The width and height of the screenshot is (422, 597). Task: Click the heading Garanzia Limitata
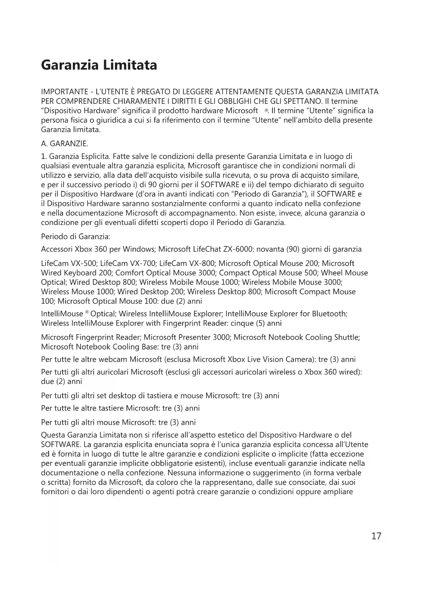coord(99,65)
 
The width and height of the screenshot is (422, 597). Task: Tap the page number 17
coord(376,536)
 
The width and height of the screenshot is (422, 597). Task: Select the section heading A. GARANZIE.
coord(65,144)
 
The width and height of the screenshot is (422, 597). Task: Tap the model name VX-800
coord(202,263)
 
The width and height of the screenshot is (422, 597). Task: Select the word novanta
coord(270,249)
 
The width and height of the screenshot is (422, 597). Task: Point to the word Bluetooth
coord(331,313)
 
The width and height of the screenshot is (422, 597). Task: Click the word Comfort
coord(129,273)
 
